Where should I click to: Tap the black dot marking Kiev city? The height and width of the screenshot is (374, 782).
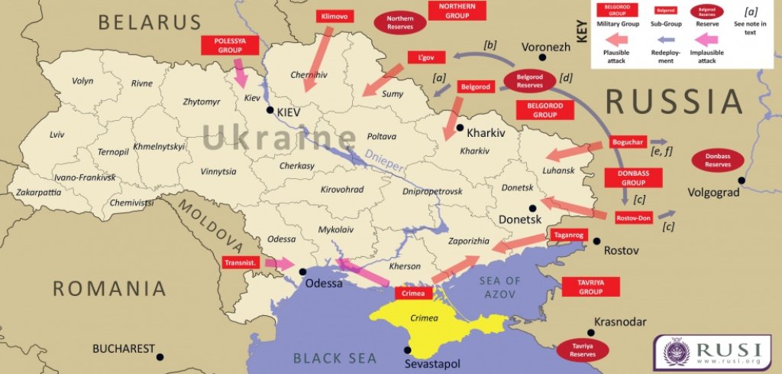pyautogui.click(x=270, y=111)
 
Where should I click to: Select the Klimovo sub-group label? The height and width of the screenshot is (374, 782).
pyautogui.click(x=334, y=15)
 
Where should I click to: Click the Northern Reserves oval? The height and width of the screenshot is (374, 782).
pyautogui.click(x=399, y=22)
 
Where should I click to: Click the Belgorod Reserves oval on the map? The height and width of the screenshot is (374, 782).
pyautogui.click(x=529, y=81)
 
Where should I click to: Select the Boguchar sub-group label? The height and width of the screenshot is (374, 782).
pyautogui.click(x=629, y=142)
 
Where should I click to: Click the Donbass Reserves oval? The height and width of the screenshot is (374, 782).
pyautogui.click(x=717, y=161)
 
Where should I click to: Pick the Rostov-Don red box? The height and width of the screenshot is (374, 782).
pyautogui.click(x=633, y=218)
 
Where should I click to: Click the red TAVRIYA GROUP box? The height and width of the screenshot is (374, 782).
pyautogui.click(x=590, y=286)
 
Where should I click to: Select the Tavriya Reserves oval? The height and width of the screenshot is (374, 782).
pyautogui.click(x=583, y=350)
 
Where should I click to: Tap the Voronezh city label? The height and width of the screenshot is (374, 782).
pyautogui.click(x=545, y=47)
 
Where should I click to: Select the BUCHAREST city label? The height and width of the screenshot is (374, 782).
pyautogui.click(x=124, y=349)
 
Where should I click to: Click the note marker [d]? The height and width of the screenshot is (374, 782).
pyautogui.click(x=565, y=76)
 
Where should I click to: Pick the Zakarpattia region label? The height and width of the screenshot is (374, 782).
pyautogui.click(x=38, y=193)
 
